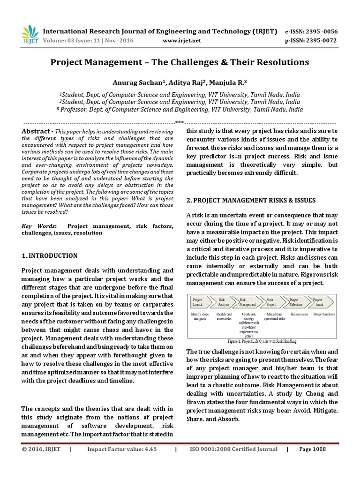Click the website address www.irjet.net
[182, 41]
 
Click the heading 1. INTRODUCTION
[50, 255]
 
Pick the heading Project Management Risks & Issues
[251, 200]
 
